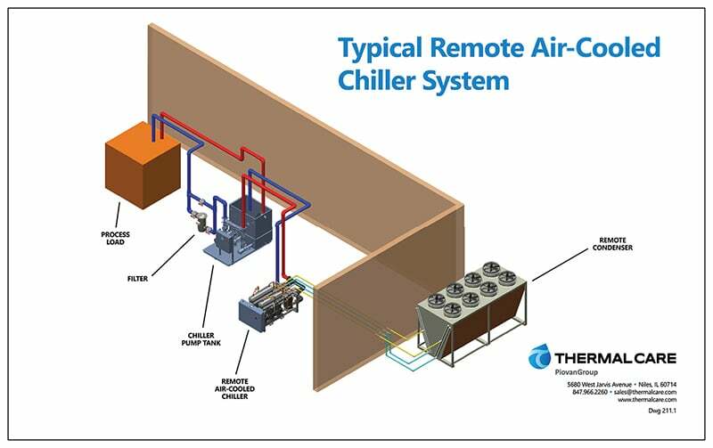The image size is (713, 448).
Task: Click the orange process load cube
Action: point(143,165)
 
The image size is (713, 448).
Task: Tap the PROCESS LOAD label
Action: point(115,238)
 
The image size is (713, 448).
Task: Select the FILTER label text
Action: point(137,279)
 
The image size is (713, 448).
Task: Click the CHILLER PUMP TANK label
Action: point(201,339)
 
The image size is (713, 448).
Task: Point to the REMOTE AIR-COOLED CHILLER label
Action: point(234,389)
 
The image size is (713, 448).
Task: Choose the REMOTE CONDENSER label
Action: point(612,243)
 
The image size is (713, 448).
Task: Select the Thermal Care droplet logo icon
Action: point(540,356)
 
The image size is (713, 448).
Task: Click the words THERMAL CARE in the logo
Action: point(615,358)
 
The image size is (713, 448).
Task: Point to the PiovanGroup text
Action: point(577,372)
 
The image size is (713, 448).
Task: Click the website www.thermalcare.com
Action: point(647,400)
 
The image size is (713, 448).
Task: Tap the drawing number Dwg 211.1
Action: point(662,411)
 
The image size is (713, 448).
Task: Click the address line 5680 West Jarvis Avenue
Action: point(599,385)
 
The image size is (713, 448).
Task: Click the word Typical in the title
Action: point(381,49)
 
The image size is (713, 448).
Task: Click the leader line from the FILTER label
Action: point(173,256)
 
